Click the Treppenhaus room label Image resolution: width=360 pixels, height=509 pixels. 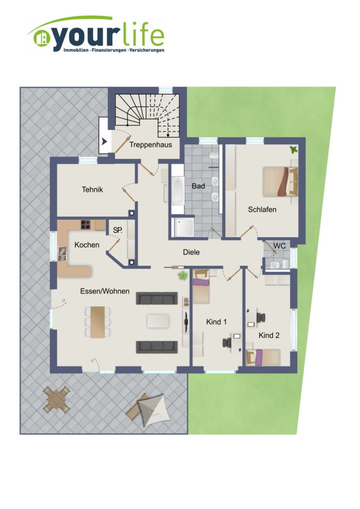tap(151, 145)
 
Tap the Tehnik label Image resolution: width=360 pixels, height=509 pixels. tap(92, 189)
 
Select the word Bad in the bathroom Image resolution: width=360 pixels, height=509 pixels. tap(198, 186)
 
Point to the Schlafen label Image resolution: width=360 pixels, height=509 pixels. tap(262, 209)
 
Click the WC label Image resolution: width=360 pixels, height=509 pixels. tap(279, 246)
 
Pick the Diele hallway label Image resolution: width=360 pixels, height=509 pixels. tap(191, 252)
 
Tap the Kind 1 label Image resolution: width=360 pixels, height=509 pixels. tap(216, 322)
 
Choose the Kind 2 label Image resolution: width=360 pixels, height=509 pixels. tap(269, 336)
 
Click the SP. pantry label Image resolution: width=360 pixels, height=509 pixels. tap(118, 230)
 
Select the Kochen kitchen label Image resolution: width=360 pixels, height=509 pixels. tap(87, 245)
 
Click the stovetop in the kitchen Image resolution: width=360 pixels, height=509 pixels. tap(86, 225)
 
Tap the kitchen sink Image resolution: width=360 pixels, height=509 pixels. tap(62, 254)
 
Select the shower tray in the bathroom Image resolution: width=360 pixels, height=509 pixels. tap(184, 227)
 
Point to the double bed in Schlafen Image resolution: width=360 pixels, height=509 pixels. tap(280, 181)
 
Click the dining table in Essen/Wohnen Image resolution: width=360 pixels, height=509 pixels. tap(98, 322)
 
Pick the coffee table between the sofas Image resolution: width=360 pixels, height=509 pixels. tap(158, 321)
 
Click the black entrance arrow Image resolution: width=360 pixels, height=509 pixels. tap(104, 142)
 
